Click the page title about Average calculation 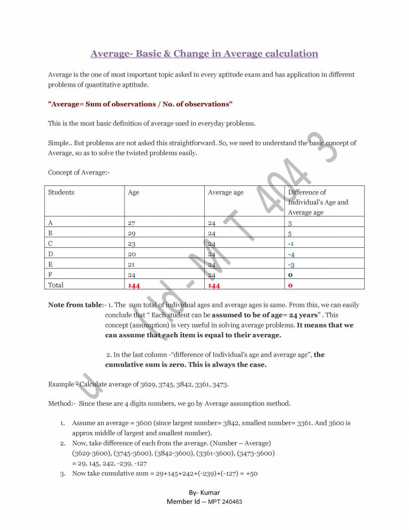[x=204, y=54]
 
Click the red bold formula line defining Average [x=141, y=103]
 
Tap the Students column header [x=61, y=192]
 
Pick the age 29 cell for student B [x=133, y=233]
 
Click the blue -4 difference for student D [x=291, y=254]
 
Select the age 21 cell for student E [x=132, y=264]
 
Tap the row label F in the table [x=50, y=275]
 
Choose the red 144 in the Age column [x=134, y=285]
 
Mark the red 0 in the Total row [x=290, y=285]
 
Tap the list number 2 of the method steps [x=63, y=443]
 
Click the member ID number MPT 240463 [x=221, y=502]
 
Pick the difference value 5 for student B [x=290, y=233]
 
